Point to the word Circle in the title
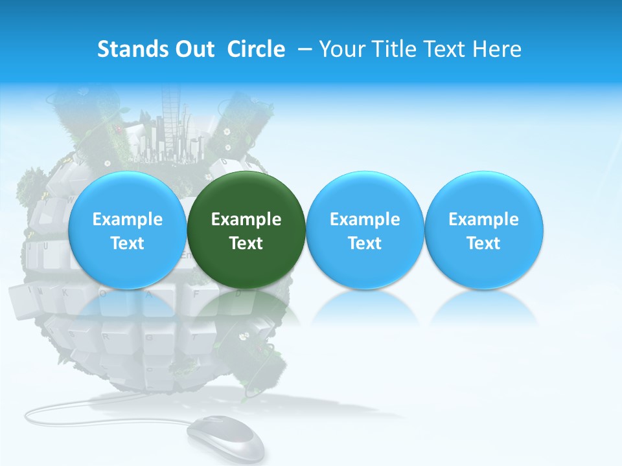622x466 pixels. click(256, 49)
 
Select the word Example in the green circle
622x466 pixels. click(246, 219)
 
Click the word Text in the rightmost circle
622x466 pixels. click(484, 243)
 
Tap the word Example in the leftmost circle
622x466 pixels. click(128, 219)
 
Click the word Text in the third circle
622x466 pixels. click(365, 243)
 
